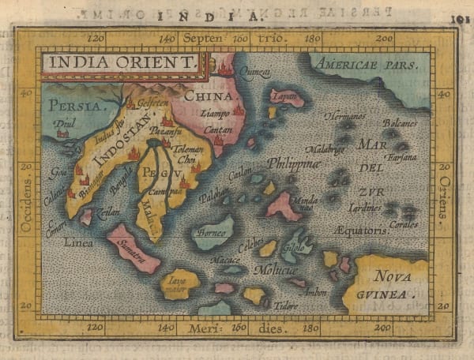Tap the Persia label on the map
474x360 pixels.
coord(75,105)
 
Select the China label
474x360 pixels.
coord(209,96)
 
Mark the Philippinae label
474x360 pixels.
coord(293,163)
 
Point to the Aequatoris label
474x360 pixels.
coord(361,231)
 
